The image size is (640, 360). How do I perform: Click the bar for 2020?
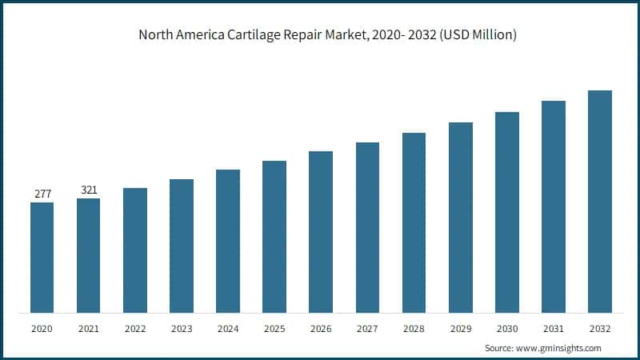[x=42, y=257]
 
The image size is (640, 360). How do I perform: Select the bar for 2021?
[x=89, y=255]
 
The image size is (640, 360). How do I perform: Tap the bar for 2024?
[x=228, y=241]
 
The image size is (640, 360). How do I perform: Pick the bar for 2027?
[x=367, y=227]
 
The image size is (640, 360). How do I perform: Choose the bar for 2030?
[x=506, y=212]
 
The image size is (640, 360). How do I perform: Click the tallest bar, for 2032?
[x=599, y=201]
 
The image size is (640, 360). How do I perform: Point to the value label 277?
[x=42, y=194]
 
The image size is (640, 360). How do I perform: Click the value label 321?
[x=89, y=190]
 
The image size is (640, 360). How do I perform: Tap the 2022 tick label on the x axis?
[x=135, y=329]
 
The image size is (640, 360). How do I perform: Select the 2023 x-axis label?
[x=182, y=329]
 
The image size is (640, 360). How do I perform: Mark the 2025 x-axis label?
[x=274, y=329]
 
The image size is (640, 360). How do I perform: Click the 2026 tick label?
[x=321, y=329]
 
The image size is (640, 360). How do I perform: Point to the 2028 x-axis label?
[x=414, y=329]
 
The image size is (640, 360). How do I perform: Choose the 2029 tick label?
[x=460, y=329]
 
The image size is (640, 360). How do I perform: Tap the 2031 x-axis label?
[x=553, y=329]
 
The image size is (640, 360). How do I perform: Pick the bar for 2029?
[x=460, y=217]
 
